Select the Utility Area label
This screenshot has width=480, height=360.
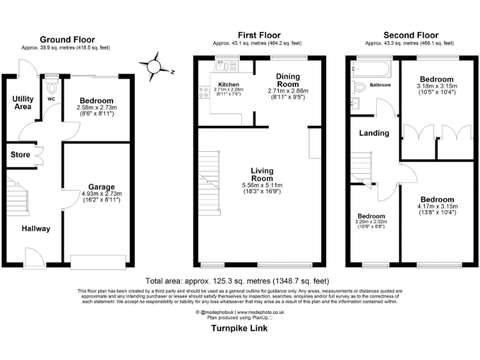pos(22,102)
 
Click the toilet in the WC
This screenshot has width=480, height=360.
pos(51,84)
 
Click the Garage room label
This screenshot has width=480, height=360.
pos(101,187)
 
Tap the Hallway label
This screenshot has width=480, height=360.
pos(35,229)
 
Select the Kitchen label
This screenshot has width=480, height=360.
pos(229,84)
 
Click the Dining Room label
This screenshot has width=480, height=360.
pos(288,80)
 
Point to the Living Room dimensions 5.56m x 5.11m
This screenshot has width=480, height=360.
pos(262,186)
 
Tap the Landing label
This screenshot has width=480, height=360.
pos(374,132)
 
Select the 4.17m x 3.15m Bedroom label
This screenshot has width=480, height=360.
pos(437,200)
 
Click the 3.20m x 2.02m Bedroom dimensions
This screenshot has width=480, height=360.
pos(371,221)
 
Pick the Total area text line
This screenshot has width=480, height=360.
pos(237,281)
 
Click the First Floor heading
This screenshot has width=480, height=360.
pos(259,35)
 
